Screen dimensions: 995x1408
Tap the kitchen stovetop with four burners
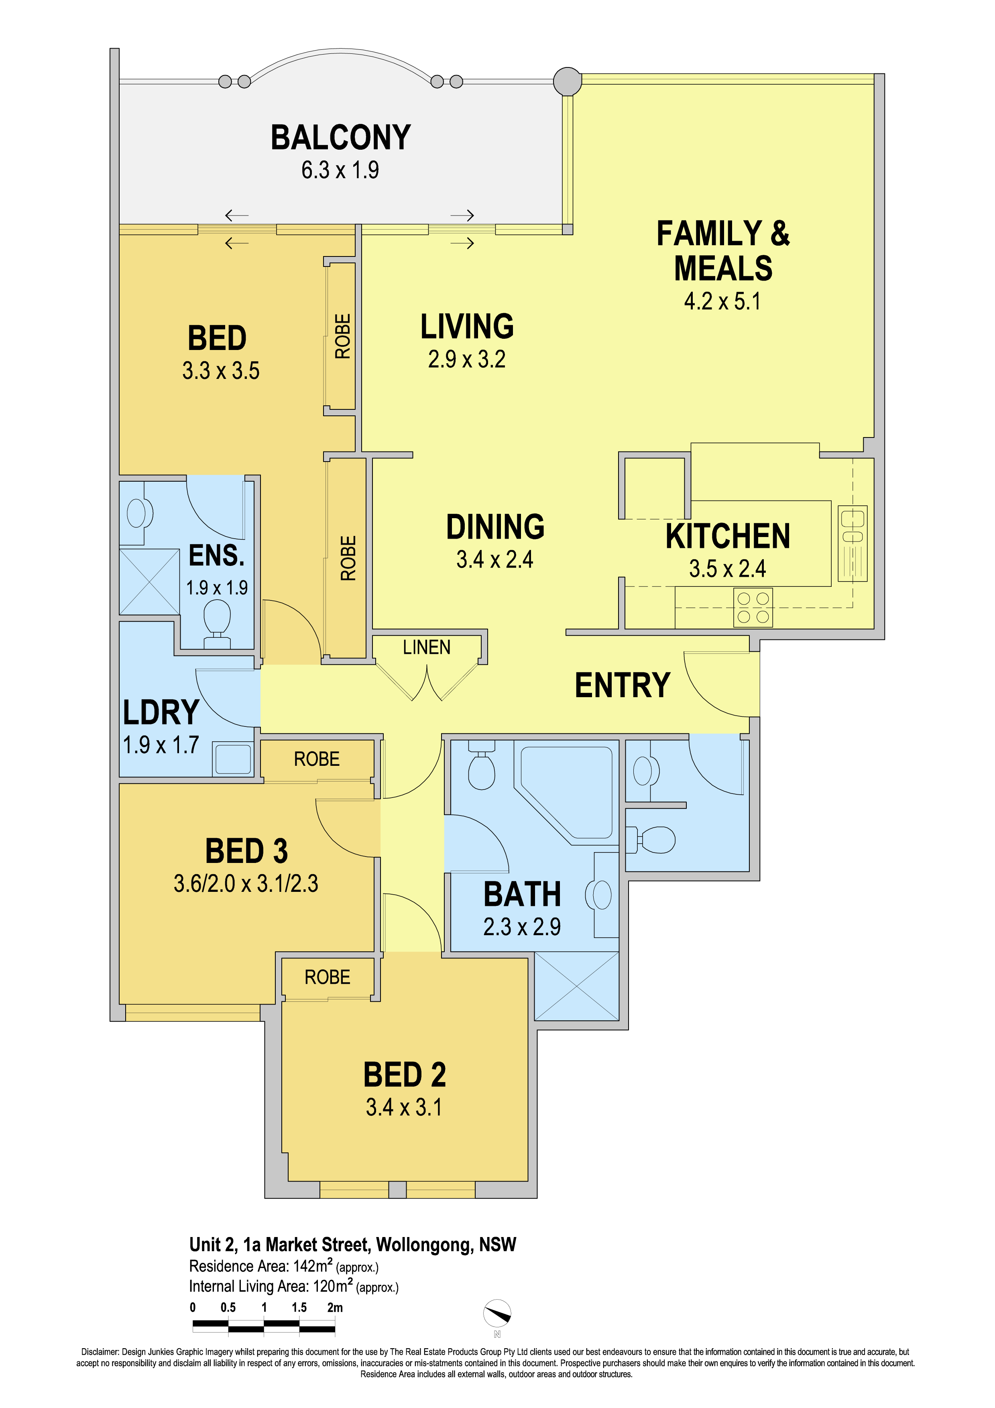click(753, 607)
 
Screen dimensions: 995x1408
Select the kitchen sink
click(852, 543)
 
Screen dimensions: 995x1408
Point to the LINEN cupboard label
click(427, 647)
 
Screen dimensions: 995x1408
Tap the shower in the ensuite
click(150, 581)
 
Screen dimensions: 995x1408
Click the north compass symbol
click(497, 1314)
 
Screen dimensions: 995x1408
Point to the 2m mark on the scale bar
click(335, 1307)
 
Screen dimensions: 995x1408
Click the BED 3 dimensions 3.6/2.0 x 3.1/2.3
click(246, 883)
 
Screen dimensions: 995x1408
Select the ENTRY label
click(622, 685)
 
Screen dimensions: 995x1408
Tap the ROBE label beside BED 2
click(328, 977)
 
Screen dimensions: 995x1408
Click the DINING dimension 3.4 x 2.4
click(495, 559)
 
